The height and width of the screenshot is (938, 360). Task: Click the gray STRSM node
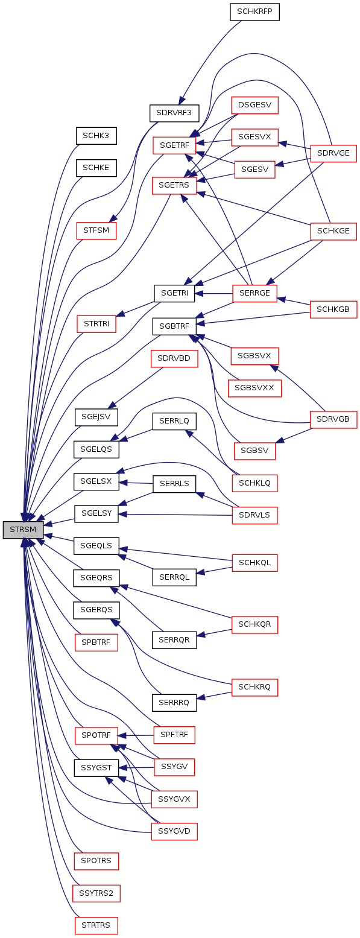point(23,530)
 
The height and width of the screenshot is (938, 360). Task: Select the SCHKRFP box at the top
point(254,11)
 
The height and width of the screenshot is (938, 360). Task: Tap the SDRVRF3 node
point(174,113)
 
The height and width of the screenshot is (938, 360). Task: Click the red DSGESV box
point(254,105)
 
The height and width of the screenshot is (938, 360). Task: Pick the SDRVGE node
point(333,153)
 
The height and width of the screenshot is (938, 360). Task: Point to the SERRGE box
point(254,293)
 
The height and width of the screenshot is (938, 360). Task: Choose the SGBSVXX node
point(254,388)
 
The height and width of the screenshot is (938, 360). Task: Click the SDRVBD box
point(174,358)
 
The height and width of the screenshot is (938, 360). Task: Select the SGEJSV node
point(96,417)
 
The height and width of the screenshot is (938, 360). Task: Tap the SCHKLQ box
point(254,483)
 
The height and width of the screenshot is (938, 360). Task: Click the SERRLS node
point(174,484)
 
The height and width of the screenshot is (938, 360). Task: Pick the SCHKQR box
point(254,624)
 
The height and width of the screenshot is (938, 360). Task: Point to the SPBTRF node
point(96,642)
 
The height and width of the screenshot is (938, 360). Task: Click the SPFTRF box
point(174,735)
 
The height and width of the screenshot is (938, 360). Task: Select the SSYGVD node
point(174,831)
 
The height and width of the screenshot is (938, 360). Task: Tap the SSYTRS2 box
point(96,893)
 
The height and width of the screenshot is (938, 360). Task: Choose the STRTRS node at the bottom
point(96,925)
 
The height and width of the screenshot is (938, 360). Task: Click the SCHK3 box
point(96,136)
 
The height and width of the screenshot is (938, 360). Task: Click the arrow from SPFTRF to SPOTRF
point(136,735)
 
